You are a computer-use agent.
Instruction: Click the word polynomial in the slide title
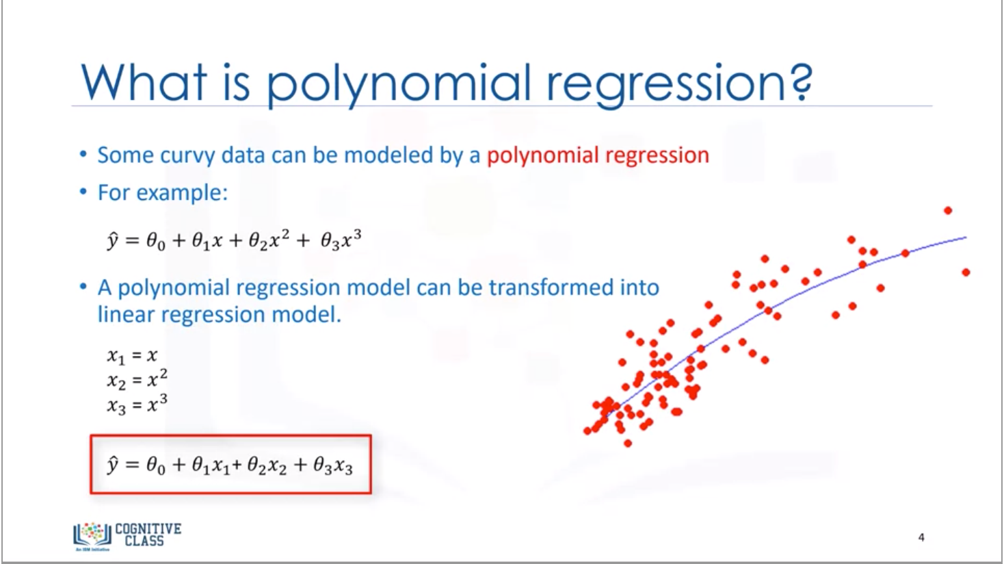pyautogui.click(x=397, y=82)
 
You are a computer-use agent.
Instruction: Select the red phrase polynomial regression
pyautogui.click(x=597, y=155)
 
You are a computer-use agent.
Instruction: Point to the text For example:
pyautogui.click(x=162, y=192)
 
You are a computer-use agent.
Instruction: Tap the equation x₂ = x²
pyautogui.click(x=137, y=379)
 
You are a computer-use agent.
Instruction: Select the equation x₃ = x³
pyautogui.click(x=137, y=405)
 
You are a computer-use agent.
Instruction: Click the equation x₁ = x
pyautogui.click(x=132, y=355)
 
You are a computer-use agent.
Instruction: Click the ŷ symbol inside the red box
pyautogui.click(x=113, y=465)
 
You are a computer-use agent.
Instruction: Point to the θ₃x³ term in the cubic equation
pyautogui.click(x=341, y=241)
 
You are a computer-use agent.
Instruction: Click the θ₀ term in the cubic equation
pyautogui.click(x=155, y=242)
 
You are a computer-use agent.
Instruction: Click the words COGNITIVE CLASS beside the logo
pyautogui.click(x=148, y=534)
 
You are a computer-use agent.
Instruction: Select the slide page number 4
pyautogui.click(x=921, y=537)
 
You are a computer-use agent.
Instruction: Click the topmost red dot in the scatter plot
pyautogui.click(x=948, y=210)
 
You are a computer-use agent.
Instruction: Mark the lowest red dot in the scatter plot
pyautogui.click(x=628, y=444)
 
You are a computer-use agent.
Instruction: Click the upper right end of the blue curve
pyautogui.click(x=965, y=238)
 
